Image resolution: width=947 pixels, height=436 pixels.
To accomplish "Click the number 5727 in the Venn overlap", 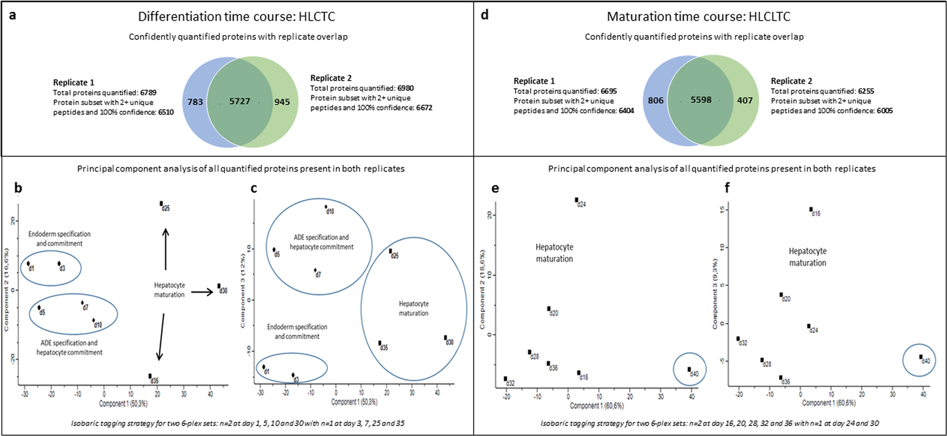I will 239,101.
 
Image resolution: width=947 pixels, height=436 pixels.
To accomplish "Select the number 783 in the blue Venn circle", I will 195,102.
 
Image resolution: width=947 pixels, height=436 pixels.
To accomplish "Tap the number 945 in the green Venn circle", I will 282,102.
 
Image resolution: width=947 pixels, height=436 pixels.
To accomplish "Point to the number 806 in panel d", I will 655,100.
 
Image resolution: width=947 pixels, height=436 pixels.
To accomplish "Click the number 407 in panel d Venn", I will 744,100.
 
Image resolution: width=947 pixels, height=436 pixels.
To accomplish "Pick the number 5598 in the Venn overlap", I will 701,100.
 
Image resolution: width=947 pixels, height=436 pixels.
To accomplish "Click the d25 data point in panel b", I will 161,204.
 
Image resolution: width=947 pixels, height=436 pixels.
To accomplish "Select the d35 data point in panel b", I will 150,376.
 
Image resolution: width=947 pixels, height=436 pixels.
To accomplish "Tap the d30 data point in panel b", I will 219,286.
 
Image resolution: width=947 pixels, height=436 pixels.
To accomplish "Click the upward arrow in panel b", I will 166,249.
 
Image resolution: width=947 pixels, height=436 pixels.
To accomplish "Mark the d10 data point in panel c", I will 326,207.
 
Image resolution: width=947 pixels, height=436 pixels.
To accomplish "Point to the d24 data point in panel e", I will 577,200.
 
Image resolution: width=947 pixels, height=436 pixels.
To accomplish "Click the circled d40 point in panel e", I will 689,369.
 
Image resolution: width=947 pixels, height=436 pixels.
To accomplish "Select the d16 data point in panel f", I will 811,209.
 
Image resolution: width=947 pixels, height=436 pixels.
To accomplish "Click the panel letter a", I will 13,15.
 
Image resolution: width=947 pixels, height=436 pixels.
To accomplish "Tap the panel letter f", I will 727,188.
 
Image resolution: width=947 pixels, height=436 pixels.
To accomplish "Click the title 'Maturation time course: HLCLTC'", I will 698,17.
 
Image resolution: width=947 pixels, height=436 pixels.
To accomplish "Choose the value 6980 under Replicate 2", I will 405,88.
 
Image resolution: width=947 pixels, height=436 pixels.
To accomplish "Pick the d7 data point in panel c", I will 315,270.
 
